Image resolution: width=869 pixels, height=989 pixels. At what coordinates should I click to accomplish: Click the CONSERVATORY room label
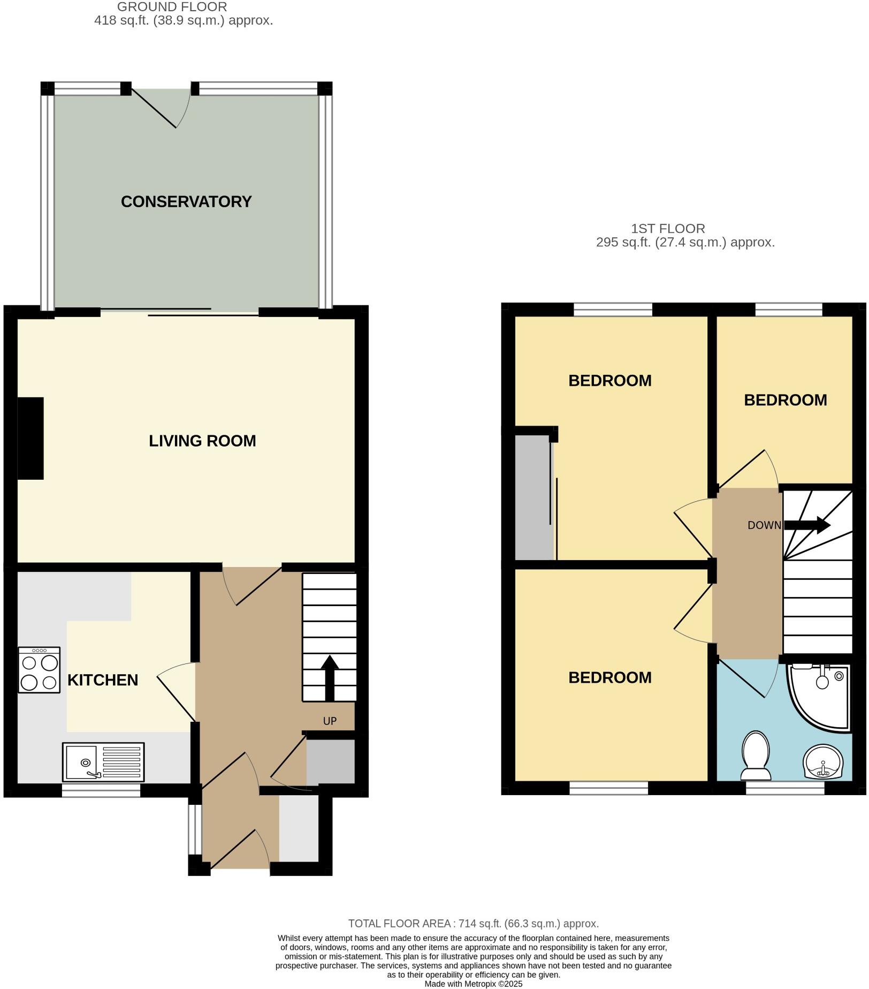[x=186, y=202]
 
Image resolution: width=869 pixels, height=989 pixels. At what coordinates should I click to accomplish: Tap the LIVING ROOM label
[x=202, y=441]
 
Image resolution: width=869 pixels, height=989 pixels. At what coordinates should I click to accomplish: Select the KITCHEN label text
[x=103, y=680]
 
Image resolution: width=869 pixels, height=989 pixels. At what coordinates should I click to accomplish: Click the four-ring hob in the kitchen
[x=39, y=670]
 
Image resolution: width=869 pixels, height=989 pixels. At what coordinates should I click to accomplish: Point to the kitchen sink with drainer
[x=103, y=761]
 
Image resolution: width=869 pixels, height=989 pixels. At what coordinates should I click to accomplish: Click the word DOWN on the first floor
[x=764, y=525]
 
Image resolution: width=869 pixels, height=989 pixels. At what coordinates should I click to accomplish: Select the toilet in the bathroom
[x=756, y=756]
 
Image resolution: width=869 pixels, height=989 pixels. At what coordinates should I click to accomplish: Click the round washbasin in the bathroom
[x=823, y=761]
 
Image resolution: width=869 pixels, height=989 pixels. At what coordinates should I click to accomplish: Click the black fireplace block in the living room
[x=31, y=438]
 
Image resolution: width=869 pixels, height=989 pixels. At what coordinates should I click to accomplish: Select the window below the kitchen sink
[x=101, y=790]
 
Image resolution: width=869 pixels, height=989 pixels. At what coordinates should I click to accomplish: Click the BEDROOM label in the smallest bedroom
[x=785, y=400]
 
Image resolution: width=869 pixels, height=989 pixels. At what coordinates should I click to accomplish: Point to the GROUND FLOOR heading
[x=172, y=7]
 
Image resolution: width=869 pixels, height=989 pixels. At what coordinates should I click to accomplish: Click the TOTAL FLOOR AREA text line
[x=473, y=924]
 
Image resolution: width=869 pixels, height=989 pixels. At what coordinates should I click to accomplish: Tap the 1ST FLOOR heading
[x=668, y=229]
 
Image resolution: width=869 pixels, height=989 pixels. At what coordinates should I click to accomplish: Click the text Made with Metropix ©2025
[x=473, y=984]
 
